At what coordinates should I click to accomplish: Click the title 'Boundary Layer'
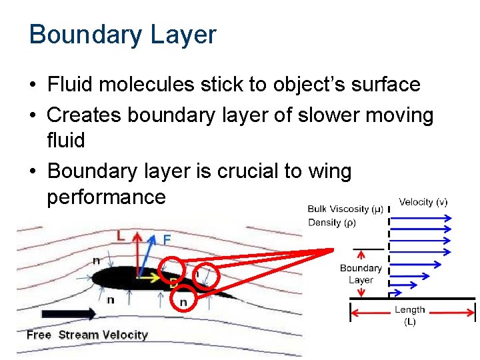pos(123,35)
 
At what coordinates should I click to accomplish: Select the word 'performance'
pos(106,197)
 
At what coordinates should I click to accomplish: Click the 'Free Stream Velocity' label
pos(87,334)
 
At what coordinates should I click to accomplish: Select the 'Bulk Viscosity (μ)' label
pos(346,209)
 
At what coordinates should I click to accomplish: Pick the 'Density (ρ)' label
pos(332,223)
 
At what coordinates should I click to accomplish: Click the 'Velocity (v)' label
pos(423,202)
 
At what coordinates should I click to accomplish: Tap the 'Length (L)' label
pos(409,315)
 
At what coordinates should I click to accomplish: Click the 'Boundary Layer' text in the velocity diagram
pos(361,274)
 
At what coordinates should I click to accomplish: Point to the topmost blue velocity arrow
pos(427,216)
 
